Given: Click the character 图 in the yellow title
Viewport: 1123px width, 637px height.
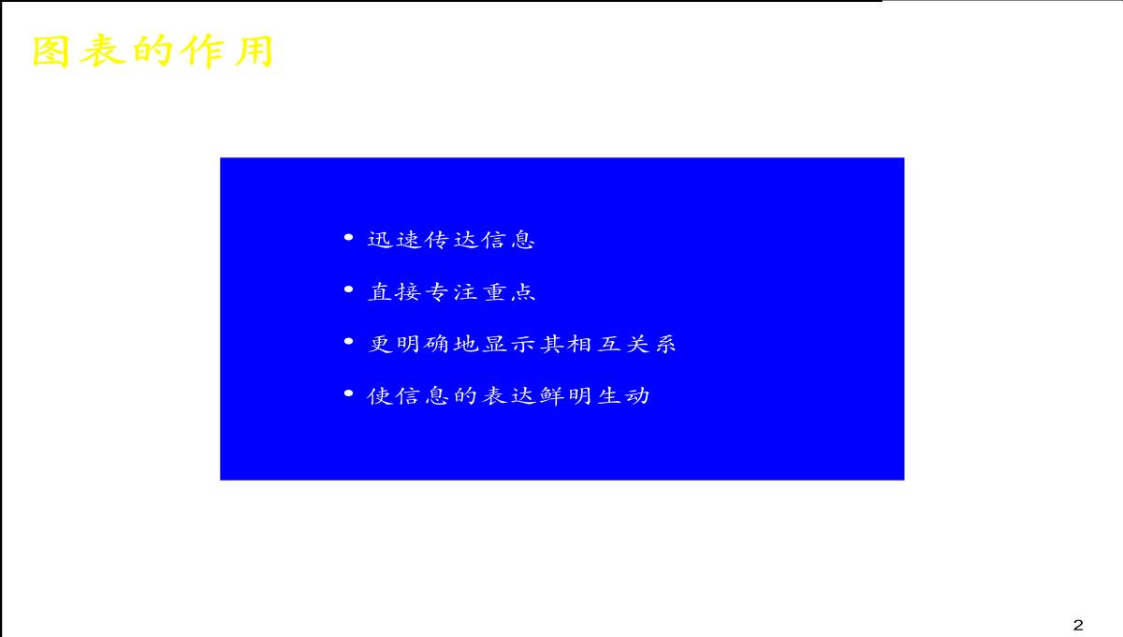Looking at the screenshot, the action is pyautogui.click(x=51, y=51).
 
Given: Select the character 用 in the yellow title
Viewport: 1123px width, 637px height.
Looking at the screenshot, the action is pyautogui.click(x=255, y=51).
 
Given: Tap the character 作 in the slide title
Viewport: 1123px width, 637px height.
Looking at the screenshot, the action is pyautogui.click(x=204, y=51).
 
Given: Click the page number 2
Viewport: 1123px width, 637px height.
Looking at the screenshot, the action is pyautogui.click(x=1078, y=625).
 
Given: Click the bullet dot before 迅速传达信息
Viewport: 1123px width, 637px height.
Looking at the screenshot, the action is pyautogui.click(x=349, y=237).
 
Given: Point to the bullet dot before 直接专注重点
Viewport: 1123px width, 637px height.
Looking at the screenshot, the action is pyautogui.click(x=349, y=289).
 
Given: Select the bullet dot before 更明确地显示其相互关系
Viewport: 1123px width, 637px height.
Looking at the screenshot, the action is pyautogui.click(x=349, y=342).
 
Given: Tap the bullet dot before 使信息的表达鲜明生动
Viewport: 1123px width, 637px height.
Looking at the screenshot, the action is pyautogui.click(x=349, y=393).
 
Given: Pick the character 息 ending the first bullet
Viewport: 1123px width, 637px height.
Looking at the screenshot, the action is pyautogui.click(x=523, y=240).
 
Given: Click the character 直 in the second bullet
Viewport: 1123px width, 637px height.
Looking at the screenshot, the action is pyautogui.click(x=380, y=291).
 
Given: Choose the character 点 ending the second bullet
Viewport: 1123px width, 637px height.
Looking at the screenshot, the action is pyautogui.click(x=523, y=291).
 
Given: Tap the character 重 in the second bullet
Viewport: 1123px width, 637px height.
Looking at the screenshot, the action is pyautogui.click(x=495, y=291).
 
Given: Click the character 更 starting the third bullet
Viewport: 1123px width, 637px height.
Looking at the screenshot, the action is pyautogui.click(x=381, y=344).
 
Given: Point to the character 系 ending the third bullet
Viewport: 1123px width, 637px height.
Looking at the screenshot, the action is pyautogui.click(x=665, y=344).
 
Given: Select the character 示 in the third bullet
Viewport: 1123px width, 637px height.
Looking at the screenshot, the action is pyautogui.click(x=523, y=344).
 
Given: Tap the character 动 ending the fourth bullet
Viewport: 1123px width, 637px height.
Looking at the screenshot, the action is pyautogui.click(x=637, y=396).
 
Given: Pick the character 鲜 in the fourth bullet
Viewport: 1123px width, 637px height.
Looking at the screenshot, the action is pyautogui.click(x=551, y=396).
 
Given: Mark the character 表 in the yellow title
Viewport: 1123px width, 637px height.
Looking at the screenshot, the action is pyautogui.click(x=102, y=51).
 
